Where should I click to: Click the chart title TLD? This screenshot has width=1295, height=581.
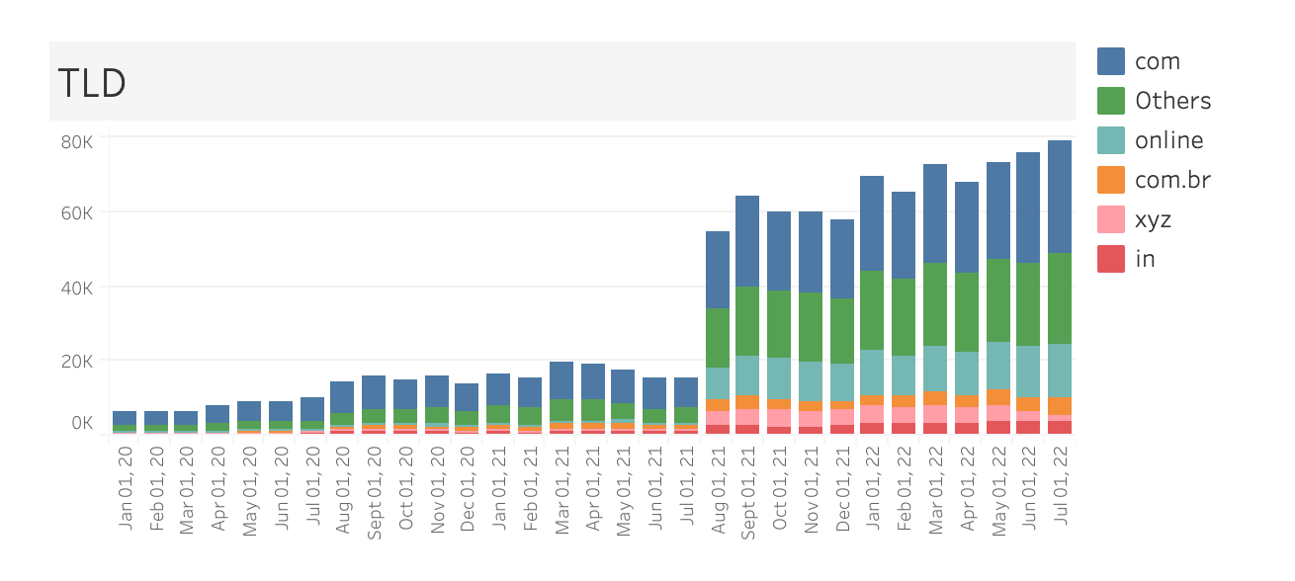tap(92, 84)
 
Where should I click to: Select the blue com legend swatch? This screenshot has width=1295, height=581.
tap(1111, 61)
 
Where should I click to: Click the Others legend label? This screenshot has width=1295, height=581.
tap(1172, 101)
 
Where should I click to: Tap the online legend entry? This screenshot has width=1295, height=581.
tap(1168, 140)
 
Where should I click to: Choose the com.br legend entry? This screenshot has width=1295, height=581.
tap(1172, 180)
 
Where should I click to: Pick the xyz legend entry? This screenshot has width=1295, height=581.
tap(1153, 219)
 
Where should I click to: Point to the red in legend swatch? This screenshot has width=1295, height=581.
tap(1111, 259)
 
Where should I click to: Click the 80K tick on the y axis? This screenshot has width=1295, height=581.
tap(76, 141)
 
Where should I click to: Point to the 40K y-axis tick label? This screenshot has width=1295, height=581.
tap(76, 288)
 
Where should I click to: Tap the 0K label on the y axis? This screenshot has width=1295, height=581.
tap(81, 423)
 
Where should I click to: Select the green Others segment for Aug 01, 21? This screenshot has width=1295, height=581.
tap(718, 338)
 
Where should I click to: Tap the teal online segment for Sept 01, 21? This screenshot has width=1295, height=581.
tap(748, 375)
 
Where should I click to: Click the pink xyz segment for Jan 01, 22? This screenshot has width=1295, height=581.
tap(872, 414)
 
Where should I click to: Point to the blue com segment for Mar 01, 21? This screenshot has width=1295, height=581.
tap(561, 380)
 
